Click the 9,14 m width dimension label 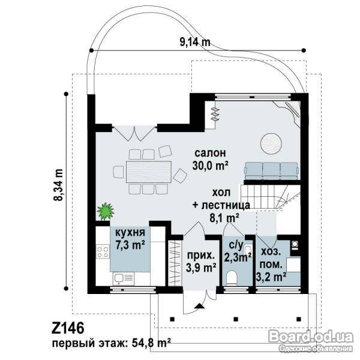pos(194,42)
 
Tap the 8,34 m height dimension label pos(59,185)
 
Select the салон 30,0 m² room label pos(210,160)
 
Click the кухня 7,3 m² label pos(130,239)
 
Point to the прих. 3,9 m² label pos(201,262)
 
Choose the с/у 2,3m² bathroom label pos(237,252)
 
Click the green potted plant pos(106,211)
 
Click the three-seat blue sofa pos(272,171)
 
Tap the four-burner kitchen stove pos(103,251)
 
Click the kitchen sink pos(123,279)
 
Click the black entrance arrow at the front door pos(199,306)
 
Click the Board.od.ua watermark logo pos(311,337)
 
